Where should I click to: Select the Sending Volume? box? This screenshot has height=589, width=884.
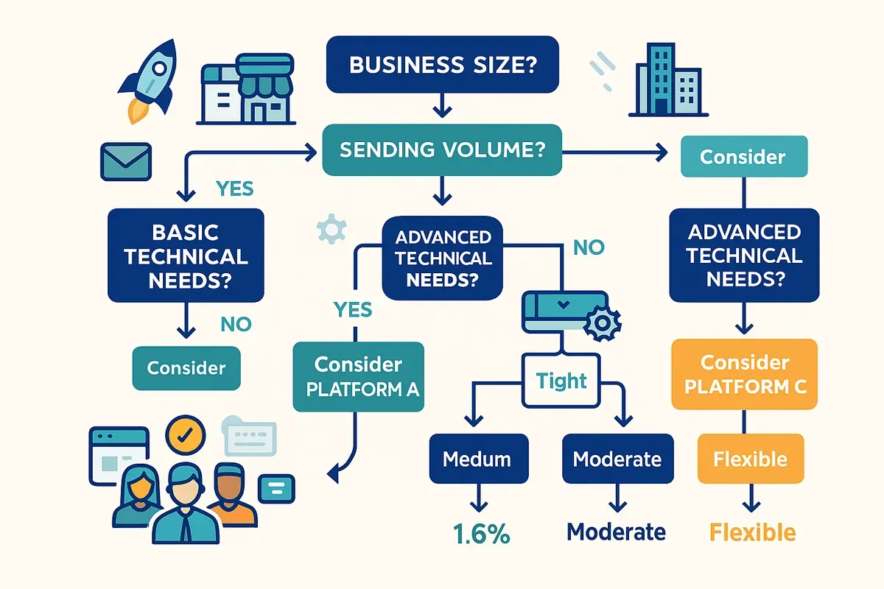point(442,151)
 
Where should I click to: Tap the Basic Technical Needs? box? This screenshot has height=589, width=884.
point(186,256)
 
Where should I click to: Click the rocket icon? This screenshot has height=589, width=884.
point(151,77)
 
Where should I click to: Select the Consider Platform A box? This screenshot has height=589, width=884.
point(358,375)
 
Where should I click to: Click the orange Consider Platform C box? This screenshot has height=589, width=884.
point(743,374)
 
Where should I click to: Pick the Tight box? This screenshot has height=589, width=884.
point(561,381)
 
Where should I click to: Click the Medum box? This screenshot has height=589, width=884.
point(479,459)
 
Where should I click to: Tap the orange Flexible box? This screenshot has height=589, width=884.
point(750,459)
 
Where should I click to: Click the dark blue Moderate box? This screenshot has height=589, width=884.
point(617,459)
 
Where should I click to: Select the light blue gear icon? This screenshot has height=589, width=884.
point(331,230)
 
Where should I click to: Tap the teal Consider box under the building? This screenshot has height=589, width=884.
point(743,157)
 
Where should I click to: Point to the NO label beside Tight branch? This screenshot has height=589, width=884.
point(588,247)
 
